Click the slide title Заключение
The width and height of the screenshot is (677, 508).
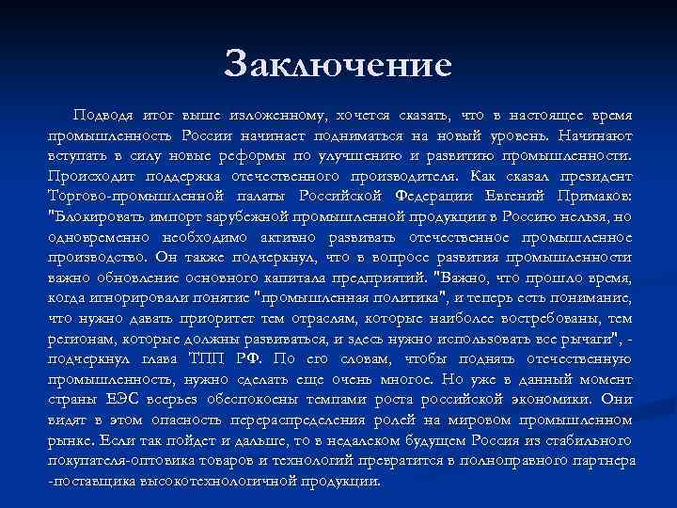(338, 65)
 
